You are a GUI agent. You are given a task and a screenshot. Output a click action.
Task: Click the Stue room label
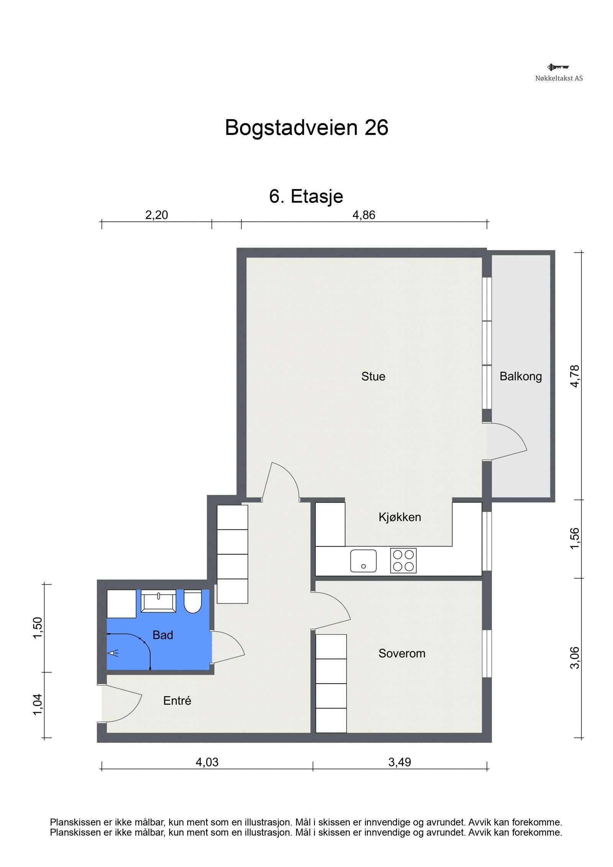click(x=373, y=376)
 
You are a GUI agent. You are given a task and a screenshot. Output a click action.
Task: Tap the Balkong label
click(x=520, y=376)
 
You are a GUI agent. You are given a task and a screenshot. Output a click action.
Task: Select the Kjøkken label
click(x=400, y=517)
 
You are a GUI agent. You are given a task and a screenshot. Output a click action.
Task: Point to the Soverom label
click(x=402, y=653)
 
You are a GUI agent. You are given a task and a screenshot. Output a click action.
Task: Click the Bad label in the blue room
click(x=163, y=635)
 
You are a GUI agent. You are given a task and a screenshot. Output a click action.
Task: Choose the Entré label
click(x=177, y=701)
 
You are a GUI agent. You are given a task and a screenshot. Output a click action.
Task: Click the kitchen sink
click(x=363, y=561)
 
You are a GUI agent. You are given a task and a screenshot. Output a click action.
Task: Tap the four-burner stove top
click(x=403, y=561)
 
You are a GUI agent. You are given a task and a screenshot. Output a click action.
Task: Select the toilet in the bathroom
click(x=193, y=601)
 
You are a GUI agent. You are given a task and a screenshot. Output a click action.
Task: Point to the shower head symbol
click(x=113, y=652)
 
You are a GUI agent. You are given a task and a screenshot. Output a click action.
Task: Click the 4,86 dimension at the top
click(x=364, y=215)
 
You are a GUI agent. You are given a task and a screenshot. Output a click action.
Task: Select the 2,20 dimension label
click(x=156, y=215)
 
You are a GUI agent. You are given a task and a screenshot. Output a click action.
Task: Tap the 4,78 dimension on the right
click(x=575, y=376)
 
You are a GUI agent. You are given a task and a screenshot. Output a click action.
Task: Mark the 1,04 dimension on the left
click(x=38, y=705)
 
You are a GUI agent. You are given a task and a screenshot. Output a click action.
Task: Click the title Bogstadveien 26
click(x=306, y=128)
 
